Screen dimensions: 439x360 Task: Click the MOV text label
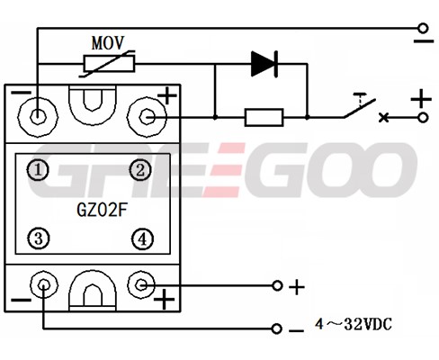108,43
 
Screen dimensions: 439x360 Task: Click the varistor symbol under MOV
109,64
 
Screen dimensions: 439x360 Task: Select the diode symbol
264,64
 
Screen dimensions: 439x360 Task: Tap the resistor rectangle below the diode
264,117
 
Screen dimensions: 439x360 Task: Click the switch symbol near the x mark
360,105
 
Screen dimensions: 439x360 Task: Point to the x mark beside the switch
383,117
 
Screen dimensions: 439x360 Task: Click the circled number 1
38,170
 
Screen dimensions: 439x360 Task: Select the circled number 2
140,170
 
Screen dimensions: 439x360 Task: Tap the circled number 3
39,239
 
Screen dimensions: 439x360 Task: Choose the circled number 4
142,239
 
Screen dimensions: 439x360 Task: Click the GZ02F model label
102,210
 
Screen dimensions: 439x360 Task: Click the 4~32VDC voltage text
354,324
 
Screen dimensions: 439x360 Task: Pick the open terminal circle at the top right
423,28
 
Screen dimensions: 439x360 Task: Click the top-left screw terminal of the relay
38,117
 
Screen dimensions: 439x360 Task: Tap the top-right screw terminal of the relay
147,117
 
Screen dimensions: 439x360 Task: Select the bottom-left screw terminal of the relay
44,284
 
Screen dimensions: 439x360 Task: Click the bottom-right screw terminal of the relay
141,284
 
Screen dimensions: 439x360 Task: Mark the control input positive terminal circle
277,285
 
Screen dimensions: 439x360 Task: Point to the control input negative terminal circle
276,328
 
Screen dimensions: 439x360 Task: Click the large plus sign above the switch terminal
421,98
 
